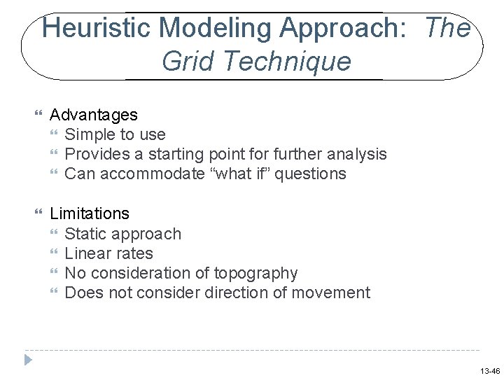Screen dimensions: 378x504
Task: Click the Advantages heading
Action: coord(94,114)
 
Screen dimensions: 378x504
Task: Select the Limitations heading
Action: coord(90,213)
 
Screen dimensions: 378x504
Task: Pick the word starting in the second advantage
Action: coord(176,153)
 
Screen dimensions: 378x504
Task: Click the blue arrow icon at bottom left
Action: coord(28,360)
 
